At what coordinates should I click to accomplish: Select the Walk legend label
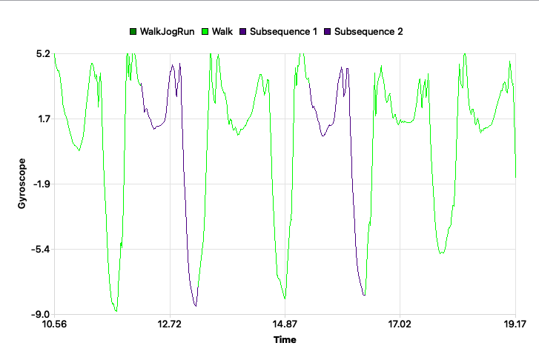pos(222,31)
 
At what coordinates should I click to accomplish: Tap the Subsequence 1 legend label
pos(283,31)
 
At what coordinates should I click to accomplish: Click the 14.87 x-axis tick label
pos(285,324)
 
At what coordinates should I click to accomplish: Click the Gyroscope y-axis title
pos(22,184)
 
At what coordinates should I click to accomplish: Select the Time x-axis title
pos(285,340)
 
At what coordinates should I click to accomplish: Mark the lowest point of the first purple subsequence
pos(195,306)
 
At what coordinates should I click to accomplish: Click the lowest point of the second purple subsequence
pos(364,296)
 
